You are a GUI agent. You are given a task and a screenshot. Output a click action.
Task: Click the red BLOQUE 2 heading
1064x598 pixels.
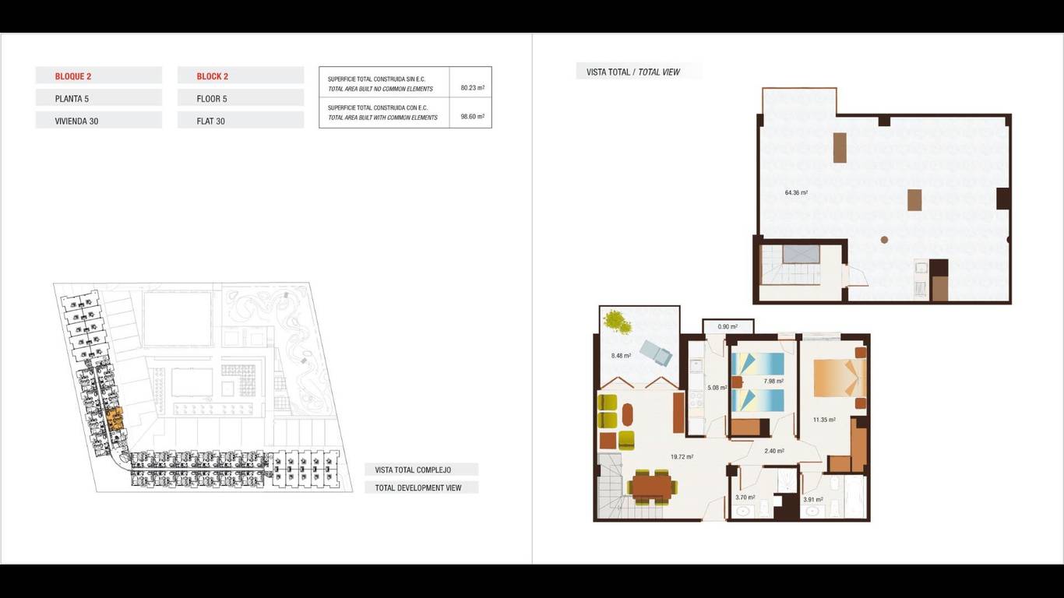[x=72, y=76]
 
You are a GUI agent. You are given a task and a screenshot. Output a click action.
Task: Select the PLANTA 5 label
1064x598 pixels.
[x=72, y=99]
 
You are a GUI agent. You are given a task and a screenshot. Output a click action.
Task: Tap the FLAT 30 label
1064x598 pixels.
[x=210, y=121]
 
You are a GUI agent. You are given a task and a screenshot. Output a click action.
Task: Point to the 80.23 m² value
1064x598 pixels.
[x=473, y=88]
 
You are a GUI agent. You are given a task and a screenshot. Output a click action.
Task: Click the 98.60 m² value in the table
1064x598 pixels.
[x=473, y=116]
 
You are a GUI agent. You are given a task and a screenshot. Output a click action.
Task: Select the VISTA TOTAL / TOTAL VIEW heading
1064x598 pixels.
[x=632, y=72]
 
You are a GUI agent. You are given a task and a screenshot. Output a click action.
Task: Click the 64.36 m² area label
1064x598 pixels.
[x=796, y=193]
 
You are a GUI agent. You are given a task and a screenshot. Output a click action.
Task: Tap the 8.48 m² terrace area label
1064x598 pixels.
[x=621, y=355]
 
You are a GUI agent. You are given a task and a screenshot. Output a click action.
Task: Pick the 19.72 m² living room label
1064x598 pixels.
[x=682, y=457]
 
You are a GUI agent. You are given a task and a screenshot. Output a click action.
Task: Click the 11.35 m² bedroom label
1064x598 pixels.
[x=824, y=420]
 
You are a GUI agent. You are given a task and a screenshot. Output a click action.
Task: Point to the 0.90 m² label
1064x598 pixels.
[x=728, y=327]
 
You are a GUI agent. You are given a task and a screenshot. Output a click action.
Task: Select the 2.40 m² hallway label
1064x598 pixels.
[x=773, y=451]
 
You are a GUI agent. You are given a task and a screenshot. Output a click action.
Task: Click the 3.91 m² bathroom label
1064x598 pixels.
[x=812, y=500]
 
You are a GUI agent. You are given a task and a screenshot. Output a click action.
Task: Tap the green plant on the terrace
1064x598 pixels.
[x=618, y=322]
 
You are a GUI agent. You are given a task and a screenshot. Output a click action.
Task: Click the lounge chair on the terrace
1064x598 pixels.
[x=656, y=353]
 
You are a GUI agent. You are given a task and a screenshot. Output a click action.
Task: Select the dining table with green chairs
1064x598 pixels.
[x=652, y=487]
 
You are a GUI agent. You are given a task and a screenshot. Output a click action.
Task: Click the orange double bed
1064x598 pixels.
[x=840, y=378]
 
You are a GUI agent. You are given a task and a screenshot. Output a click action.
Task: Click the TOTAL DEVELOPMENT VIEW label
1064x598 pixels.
[x=418, y=487]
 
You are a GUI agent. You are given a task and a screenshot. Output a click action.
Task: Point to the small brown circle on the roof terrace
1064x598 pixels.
[x=884, y=240]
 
